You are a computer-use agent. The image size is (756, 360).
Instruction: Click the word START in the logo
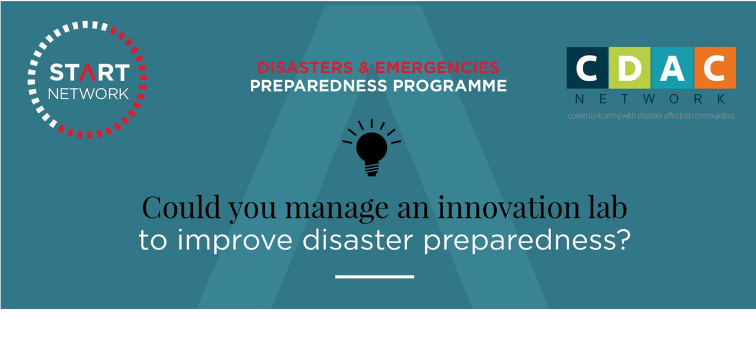[x=90, y=73]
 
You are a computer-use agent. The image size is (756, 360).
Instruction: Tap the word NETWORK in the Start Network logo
[x=88, y=94]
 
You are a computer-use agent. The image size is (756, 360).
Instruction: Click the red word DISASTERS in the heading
[x=305, y=67]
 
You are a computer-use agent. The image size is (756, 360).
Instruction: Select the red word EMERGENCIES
[x=437, y=67]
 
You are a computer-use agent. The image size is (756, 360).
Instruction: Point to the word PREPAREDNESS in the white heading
[x=318, y=86]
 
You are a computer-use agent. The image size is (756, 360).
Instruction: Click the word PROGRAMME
[x=450, y=86]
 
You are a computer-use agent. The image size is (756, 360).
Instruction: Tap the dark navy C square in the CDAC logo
[x=587, y=68]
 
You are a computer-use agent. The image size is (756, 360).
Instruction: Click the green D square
[x=630, y=68]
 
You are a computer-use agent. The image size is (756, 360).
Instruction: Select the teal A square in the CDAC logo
[x=672, y=68]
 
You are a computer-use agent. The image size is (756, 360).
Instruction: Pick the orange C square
[x=715, y=68]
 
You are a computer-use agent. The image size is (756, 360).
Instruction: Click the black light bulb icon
[x=371, y=148]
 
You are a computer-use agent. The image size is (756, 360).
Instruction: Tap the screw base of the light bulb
[x=371, y=169]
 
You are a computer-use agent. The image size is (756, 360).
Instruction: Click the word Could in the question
[x=182, y=208]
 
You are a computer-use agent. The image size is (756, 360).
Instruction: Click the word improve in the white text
[x=235, y=240]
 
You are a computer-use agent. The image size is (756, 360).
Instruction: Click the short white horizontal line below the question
[x=374, y=276]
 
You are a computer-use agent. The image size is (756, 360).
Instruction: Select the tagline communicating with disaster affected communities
[x=651, y=116]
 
